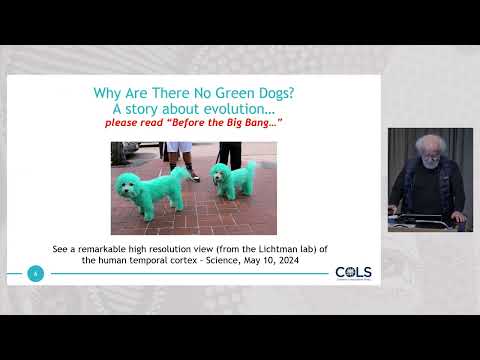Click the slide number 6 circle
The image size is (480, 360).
click(36, 273)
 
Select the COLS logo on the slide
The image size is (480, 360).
click(354, 273)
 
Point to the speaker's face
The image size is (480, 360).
click(430, 157)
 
